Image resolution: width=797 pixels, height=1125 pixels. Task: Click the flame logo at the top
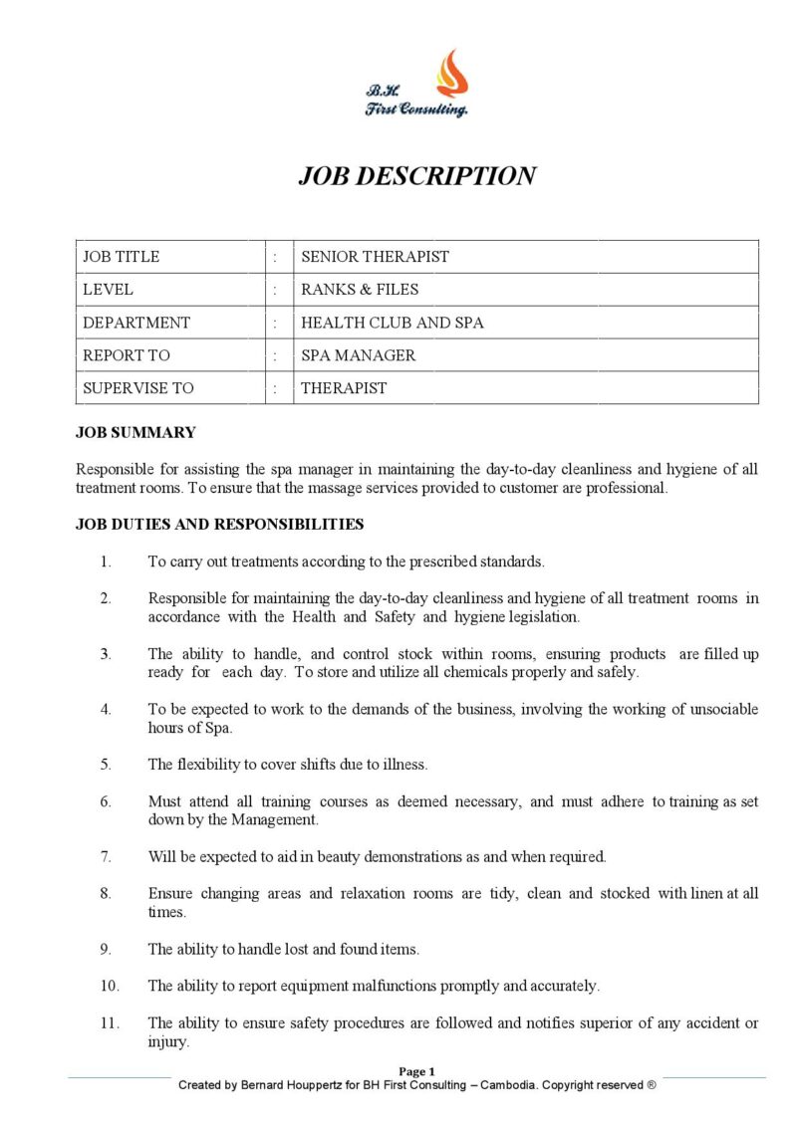point(450,72)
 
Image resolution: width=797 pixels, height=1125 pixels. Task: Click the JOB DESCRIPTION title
point(416,176)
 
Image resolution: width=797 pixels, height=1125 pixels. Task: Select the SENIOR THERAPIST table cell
point(375,257)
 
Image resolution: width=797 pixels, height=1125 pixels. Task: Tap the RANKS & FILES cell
point(360,290)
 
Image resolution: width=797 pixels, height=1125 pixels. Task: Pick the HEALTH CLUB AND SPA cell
point(393,323)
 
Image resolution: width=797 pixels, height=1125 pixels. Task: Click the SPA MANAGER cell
point(358,355)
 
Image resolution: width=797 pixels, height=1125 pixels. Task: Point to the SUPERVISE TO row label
point(138,388)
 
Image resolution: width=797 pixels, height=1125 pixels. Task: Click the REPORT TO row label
point(127,355)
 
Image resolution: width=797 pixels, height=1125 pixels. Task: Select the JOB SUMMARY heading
point(135,433)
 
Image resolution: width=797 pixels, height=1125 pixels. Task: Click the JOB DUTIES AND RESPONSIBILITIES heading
point(219,524)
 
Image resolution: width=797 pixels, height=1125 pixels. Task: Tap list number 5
point(106,765)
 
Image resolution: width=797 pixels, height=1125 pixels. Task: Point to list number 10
point(109,986)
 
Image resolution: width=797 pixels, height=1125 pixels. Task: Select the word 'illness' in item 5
point(404,765)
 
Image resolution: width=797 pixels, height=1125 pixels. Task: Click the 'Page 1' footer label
point(417,1071)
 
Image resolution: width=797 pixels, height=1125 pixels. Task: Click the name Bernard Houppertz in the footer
point(296,1085)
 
